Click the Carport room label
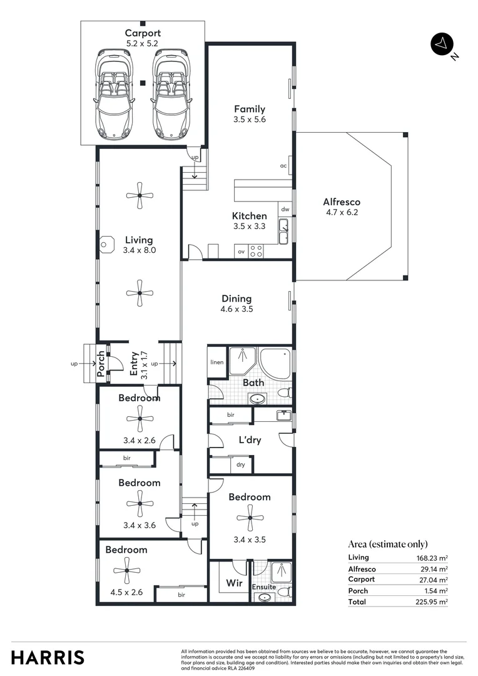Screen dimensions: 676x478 pyautogui.click(x=142, y=33)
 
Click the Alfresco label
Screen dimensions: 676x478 pyautogui.click(x=341, y=202)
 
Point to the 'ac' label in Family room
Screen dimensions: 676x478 pyautogui.click(x=283, y=166)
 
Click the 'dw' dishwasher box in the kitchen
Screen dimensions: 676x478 pyautogui.click(x=285, y=210)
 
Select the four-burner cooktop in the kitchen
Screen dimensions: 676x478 pyautogui.click(x=256, y=251)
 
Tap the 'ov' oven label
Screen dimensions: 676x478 pyautogui.click(x=241, y=252)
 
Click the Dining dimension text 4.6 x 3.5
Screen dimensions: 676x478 pyautogui.click(x=236, y=309)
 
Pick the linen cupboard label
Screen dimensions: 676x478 pyautogui.click(x=216, y=362)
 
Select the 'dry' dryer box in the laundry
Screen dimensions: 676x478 pyautogui.click(x=241, y=464)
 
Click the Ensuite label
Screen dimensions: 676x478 pyautogui.click(x=263, y=587)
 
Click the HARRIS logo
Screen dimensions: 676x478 pyautogui.click(x=47, y=657)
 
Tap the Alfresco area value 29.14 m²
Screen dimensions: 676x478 pyautogui.click(x=434, y=569)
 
